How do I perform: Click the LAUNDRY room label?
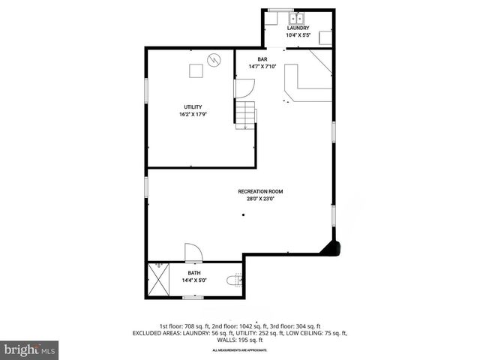298,28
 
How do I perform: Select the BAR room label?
262,59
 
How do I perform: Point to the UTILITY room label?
193,107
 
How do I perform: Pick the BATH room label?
193,274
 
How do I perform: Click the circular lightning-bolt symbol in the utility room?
214,58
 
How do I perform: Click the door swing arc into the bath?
191,251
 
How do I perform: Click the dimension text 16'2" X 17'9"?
193,115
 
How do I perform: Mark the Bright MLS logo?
30,349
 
